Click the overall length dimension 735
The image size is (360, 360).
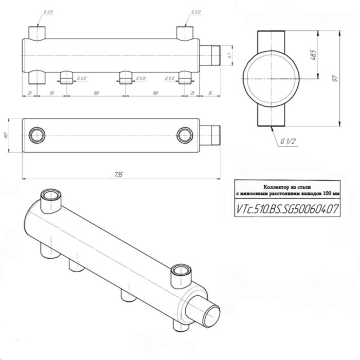[x=119, y=175]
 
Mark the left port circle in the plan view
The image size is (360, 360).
[x=36, y=135]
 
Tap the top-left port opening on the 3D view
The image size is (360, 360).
[x=50, y=196]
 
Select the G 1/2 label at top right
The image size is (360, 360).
[x=195, y=11]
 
